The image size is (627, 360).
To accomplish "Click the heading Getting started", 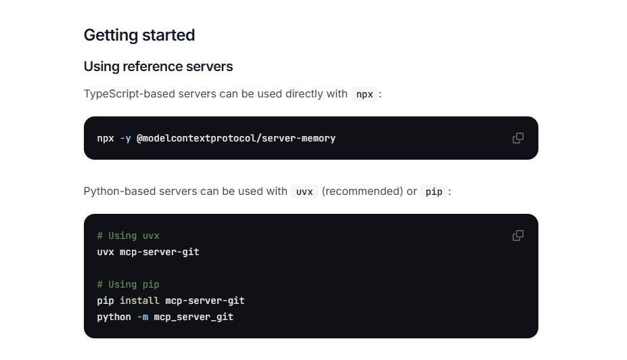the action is pos(139,35).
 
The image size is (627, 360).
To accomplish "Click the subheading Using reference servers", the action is pos(158,66).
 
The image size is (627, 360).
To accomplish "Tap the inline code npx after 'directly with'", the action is pos(365,94).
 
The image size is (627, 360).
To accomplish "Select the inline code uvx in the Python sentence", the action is pos(304,192).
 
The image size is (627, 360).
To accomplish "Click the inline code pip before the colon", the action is pos(434,192).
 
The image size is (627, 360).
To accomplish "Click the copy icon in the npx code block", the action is pos(518,138).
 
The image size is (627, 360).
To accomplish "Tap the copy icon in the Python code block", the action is pos(518,235).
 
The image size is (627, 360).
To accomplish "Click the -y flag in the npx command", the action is pos(126,139).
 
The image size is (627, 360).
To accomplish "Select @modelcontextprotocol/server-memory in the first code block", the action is pos(236,139).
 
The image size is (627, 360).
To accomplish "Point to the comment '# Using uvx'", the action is pos(129,236).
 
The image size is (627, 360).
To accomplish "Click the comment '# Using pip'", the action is pos(129,284).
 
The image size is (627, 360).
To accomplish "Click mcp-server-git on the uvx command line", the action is pos(160,252).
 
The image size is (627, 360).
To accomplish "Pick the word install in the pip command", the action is pos(139,300).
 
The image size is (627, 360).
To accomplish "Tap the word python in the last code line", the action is pos(114,317).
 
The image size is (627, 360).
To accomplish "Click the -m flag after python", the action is pos(143,317).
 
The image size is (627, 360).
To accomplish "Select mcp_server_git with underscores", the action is pos(193,317).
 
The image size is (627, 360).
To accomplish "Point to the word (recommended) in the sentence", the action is pos(363,192).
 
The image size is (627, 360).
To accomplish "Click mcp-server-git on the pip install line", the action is pos(205,300).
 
